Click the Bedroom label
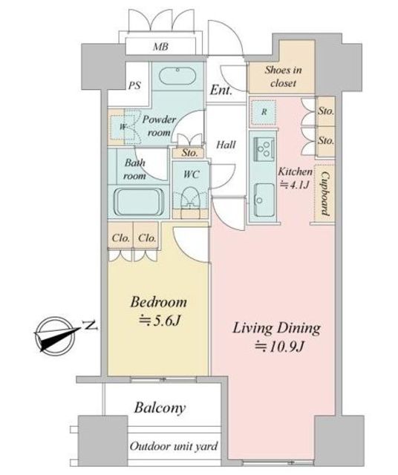(x=159, y=302)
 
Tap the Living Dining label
(x=276, y=328)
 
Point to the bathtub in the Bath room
(x=139, y=202)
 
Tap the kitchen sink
(x=264, y=200)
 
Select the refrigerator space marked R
(x=264, y=112)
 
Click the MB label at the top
(x=160, y=47)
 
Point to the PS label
(x=134, y=85)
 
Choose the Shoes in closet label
(x=283, y=76)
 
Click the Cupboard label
(x=325, y=194)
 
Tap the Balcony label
(x=160, y=408)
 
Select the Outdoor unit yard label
(x=174, y=446)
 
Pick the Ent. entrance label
(x=221, y=90)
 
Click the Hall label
(x=226, y=145)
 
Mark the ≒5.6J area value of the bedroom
(x=160, y=320)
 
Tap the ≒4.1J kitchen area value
(x=294, y=185)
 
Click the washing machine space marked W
(x=123, y=127)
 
